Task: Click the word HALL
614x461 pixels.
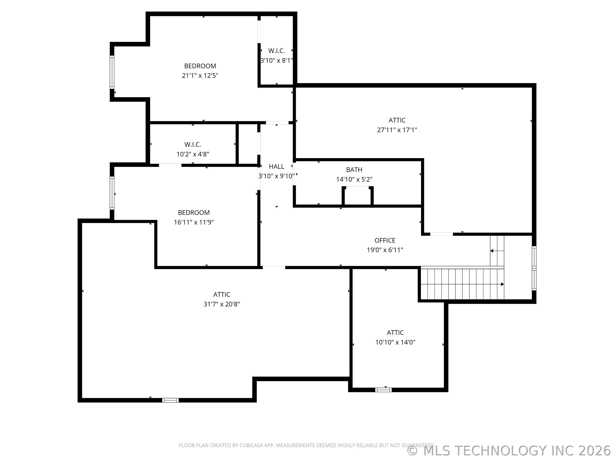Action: (277, 166)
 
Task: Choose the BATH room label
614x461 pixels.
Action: (354, 170)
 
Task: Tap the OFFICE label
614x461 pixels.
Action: (385, 240)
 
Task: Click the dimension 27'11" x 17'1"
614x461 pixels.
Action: (397, 130)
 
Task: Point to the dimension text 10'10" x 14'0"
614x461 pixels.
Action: (395, 342)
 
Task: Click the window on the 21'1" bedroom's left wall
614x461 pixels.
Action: (112, 72)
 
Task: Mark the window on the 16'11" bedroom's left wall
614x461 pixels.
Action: (112, 193)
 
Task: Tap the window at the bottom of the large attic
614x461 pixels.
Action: (170, 400)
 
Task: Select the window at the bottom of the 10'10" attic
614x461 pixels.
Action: (383, 390)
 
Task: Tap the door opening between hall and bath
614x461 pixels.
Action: (294, 174)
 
